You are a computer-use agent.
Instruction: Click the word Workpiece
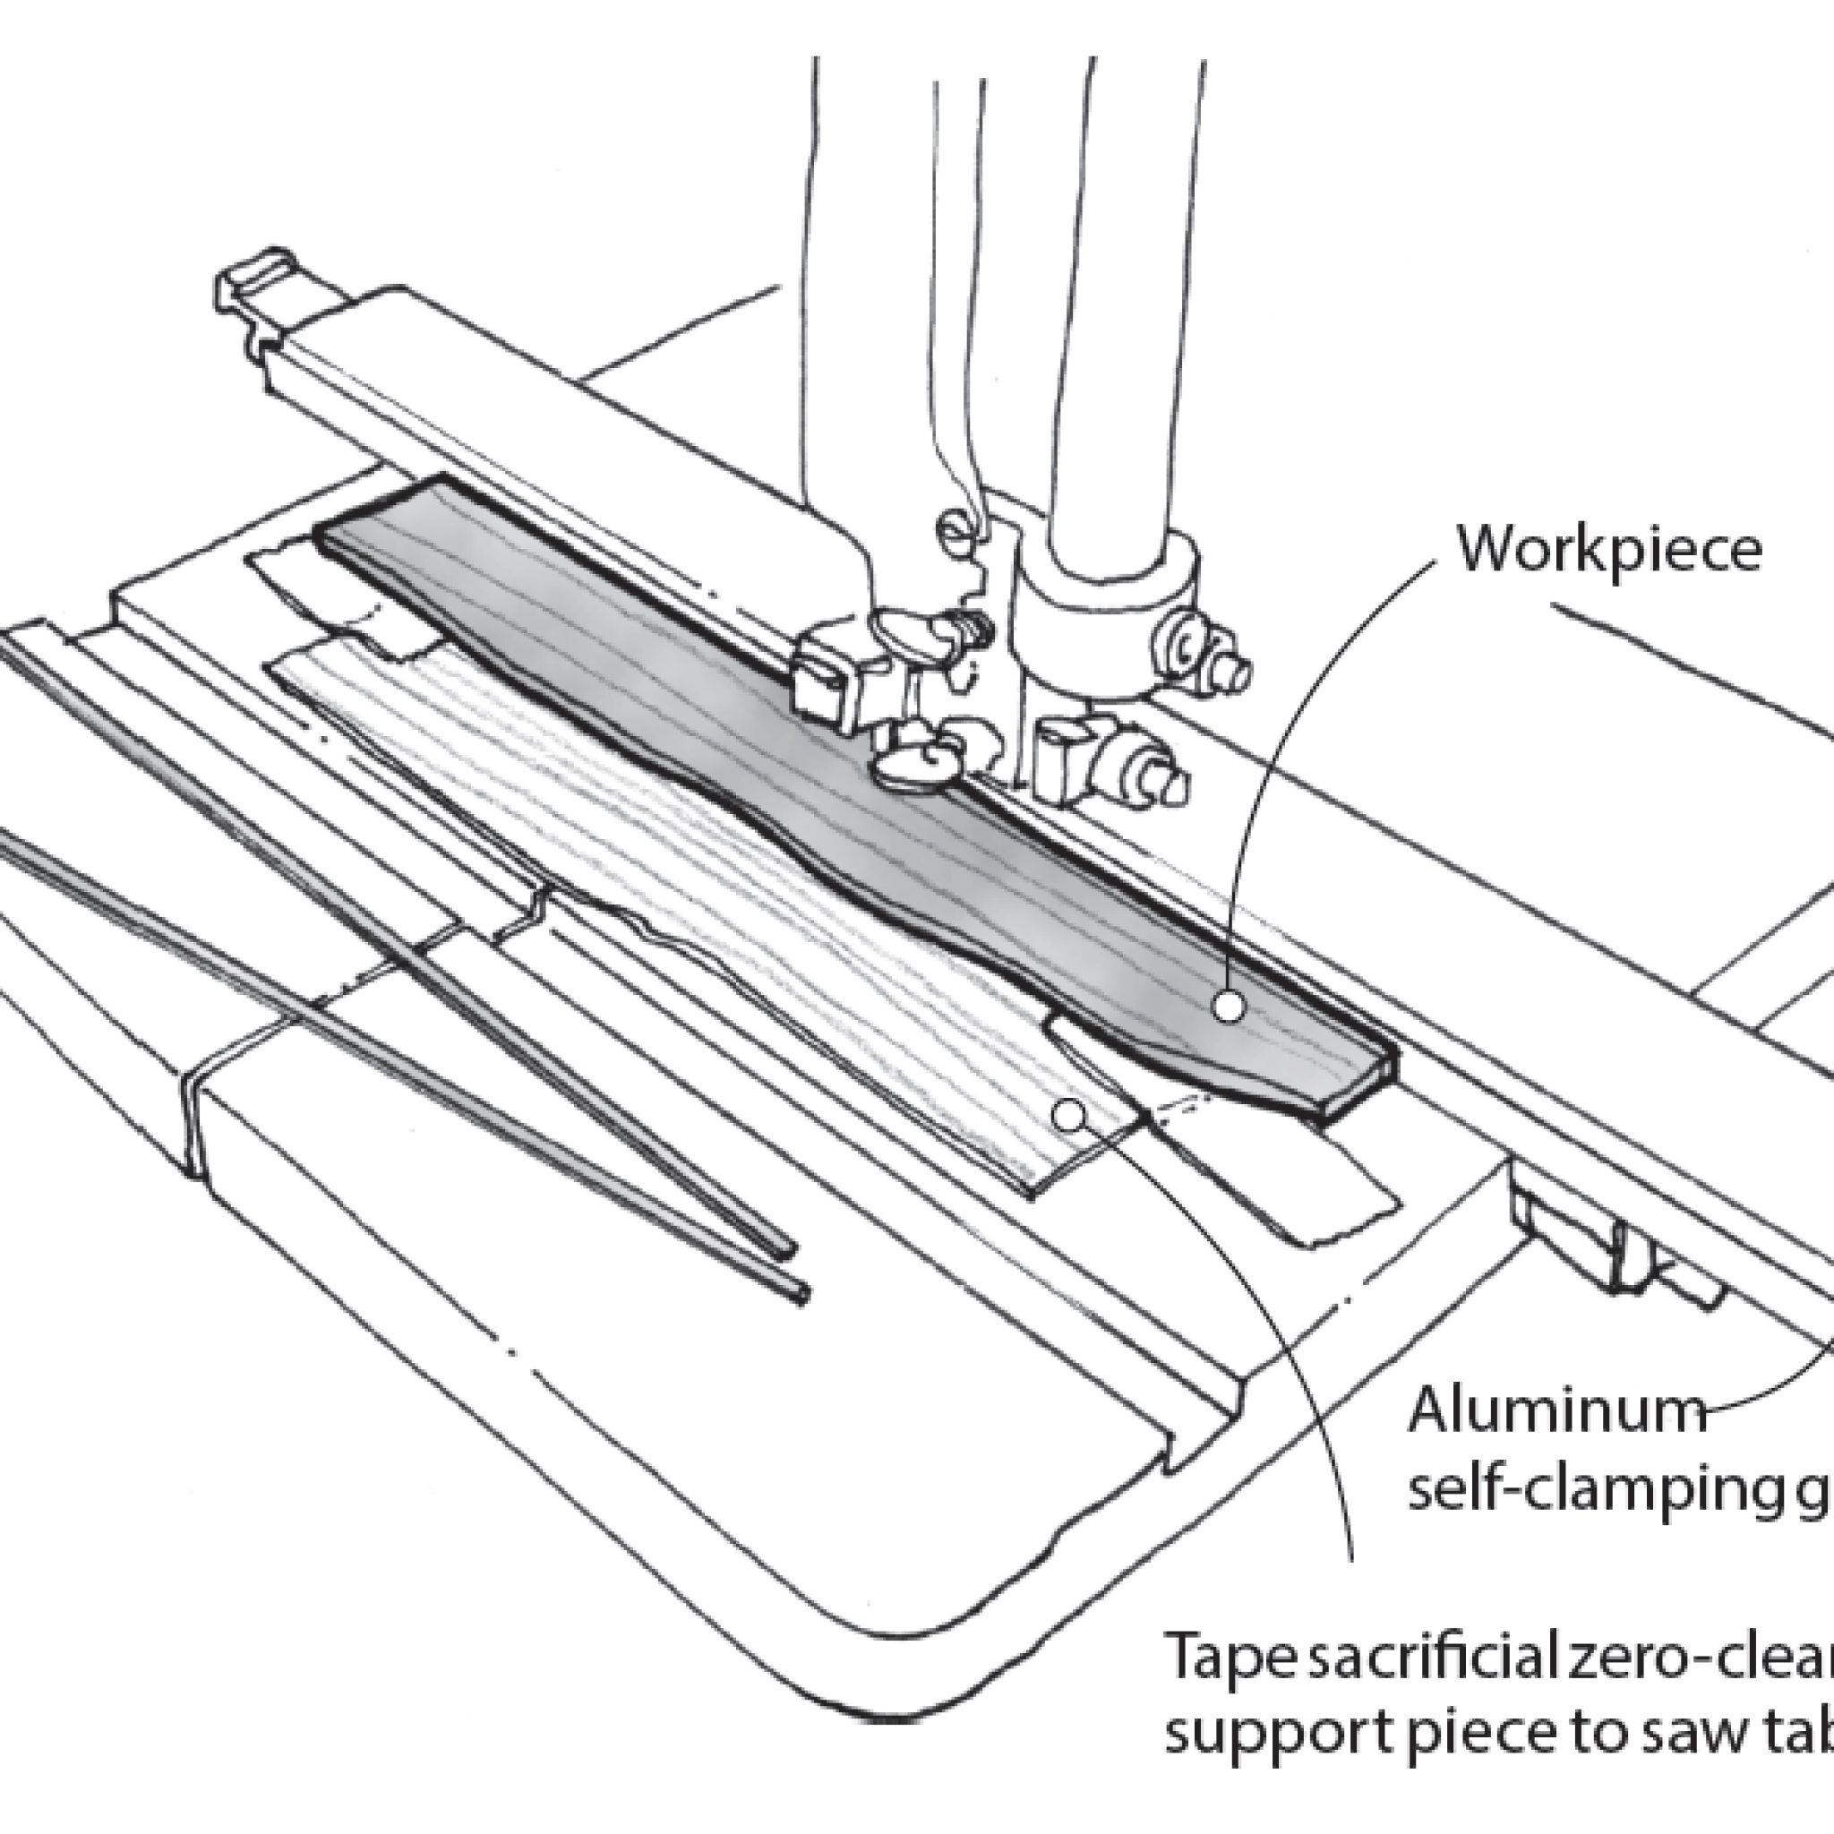pyautogui.click(x=1610, y=550)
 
